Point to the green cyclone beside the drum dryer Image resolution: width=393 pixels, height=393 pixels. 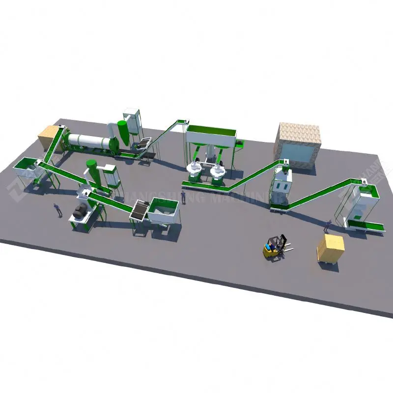122,132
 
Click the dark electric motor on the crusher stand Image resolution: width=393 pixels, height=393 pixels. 78,212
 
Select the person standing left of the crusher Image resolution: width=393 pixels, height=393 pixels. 57,210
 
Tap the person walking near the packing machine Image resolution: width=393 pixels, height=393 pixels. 327,226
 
